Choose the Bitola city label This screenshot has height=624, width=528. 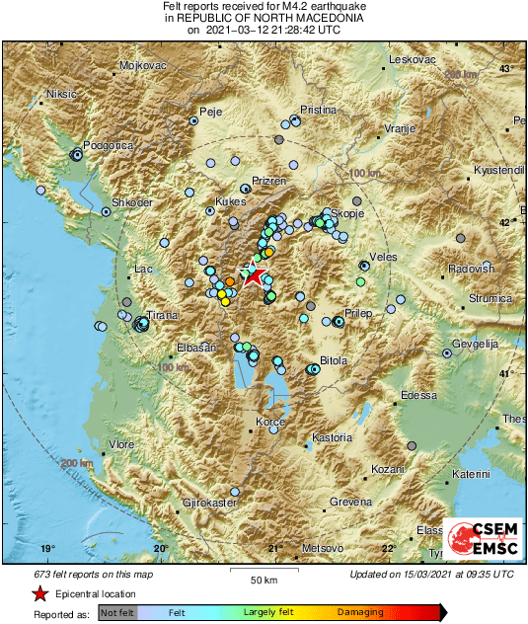335,360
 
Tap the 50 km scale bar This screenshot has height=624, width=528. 262,572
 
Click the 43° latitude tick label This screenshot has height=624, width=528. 505,68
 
